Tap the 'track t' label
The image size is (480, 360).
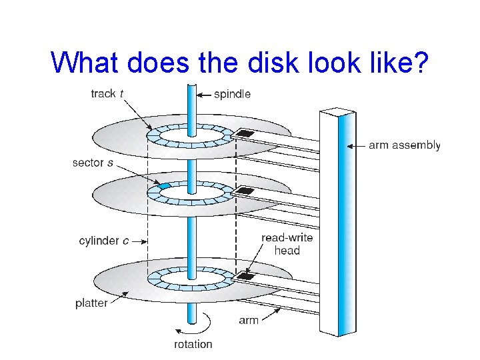(x=107, y=94)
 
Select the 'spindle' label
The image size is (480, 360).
(x=232, y=94)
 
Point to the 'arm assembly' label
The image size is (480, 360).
(x=404, y=145)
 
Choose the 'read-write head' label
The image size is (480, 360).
(x=287, y=244)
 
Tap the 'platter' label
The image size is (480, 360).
(x=91, y=303)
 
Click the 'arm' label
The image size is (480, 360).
(x=249, y=321)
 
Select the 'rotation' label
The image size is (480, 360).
(x=193, y=344)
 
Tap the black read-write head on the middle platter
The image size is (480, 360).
(x=245, y=191)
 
